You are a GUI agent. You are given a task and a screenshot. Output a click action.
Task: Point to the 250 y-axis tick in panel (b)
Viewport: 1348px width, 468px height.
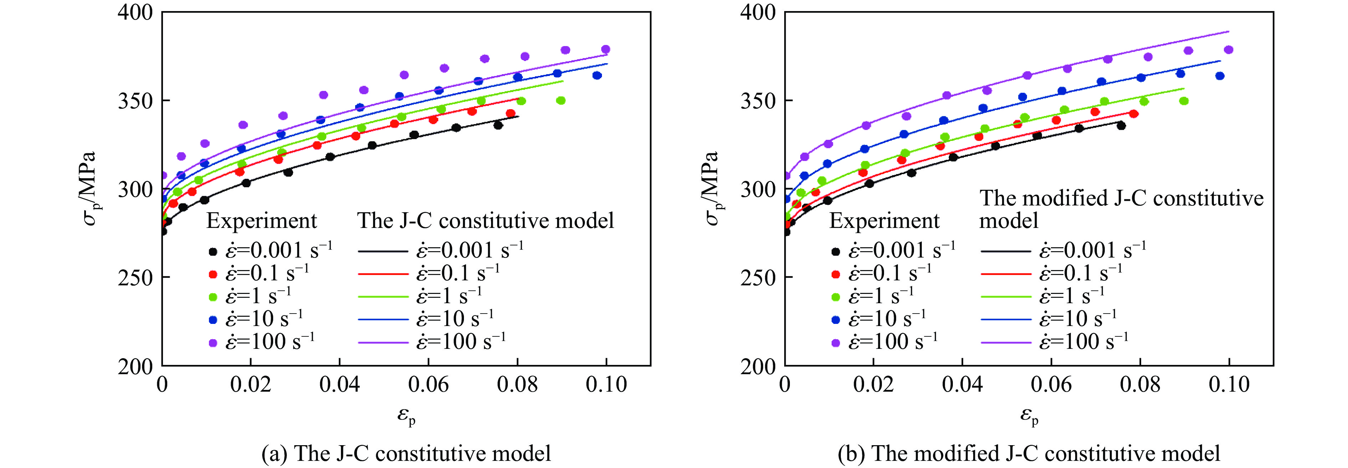click(757, 278)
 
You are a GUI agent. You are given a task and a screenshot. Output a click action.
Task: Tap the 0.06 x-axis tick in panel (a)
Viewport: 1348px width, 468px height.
click(428, 385)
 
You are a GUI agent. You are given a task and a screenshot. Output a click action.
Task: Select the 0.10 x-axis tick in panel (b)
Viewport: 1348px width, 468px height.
click(1229, 385)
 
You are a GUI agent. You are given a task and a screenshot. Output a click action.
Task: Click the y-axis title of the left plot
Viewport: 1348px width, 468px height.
click(90, 188)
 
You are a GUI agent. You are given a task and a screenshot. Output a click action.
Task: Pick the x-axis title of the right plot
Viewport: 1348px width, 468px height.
click(1029, 417)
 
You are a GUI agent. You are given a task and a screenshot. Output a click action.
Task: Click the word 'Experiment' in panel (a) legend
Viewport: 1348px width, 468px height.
click(262, 221)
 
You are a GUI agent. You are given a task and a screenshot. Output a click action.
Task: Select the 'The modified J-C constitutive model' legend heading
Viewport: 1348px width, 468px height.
click(1121, 209)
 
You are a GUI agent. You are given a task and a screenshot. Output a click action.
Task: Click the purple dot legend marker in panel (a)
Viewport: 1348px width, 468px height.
click(213, 343)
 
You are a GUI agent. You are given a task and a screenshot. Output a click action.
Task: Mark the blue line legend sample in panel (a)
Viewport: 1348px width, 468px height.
click(383, 319)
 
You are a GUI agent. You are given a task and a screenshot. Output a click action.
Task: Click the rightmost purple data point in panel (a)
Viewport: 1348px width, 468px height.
click(606, 50)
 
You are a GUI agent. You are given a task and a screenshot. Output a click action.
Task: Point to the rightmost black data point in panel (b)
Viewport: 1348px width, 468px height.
click(1121, 126)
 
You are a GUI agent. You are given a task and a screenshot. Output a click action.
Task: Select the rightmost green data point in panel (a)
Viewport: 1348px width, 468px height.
click(561, 101)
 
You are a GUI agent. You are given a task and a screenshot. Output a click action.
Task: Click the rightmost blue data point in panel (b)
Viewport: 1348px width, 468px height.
click(1220, 76)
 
